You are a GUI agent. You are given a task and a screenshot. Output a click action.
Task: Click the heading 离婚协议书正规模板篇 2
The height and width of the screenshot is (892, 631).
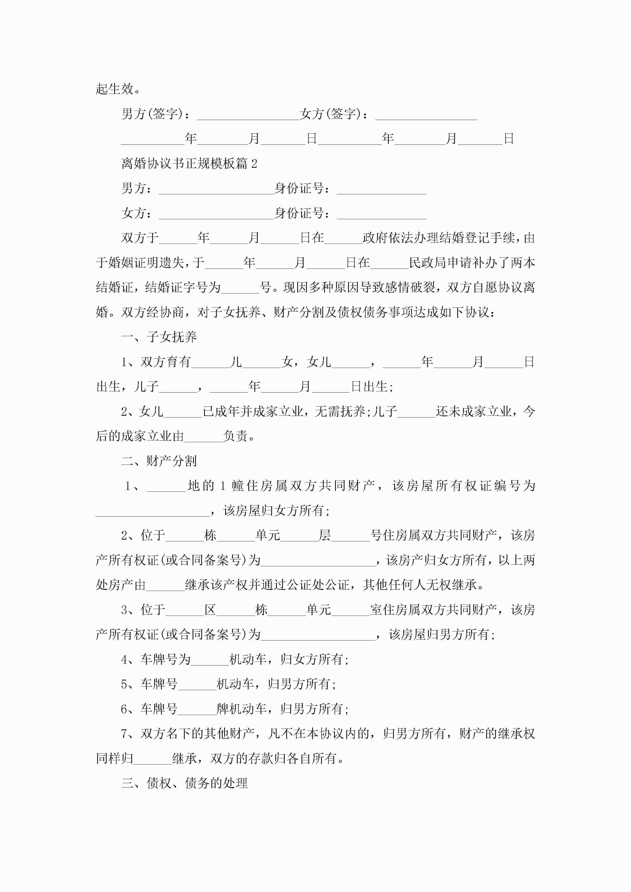(x=189, y=163)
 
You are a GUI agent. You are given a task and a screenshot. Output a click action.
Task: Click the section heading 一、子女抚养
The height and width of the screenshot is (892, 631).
(x=159, y=337)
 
